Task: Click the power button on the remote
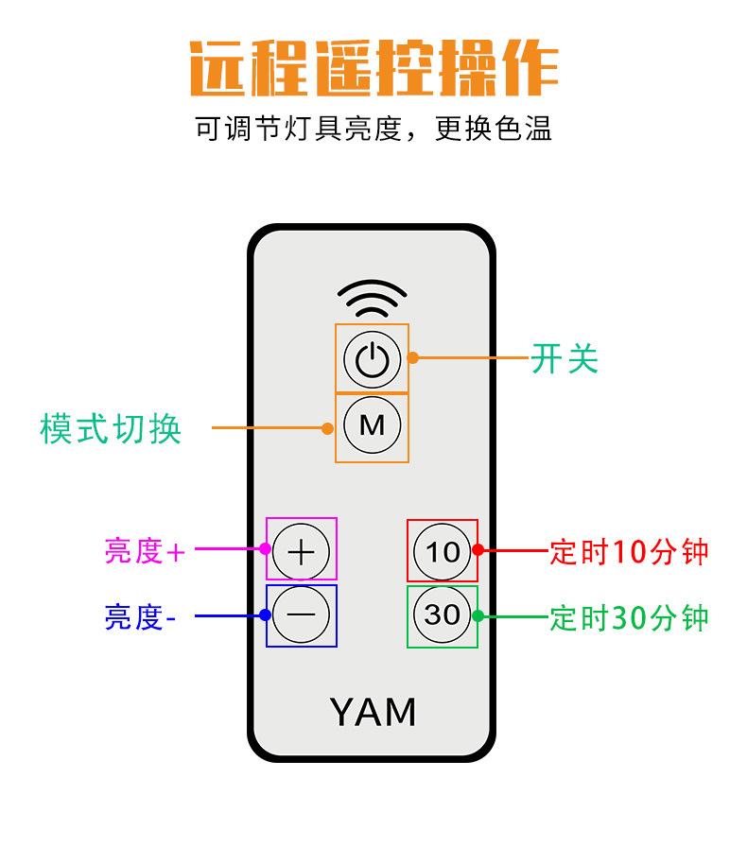pos(373,359)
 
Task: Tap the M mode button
pos(373,424)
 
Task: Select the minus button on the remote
pos(302,614)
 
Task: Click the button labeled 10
pos(443,552)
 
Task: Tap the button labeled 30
pos(443,614)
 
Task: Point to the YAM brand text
pos(373,712)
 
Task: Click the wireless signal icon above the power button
pos(373,298)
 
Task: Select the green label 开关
pos(565,358)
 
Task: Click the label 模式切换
pos(111,428)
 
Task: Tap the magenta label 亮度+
pos(145,551)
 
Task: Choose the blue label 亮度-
pos(140,617)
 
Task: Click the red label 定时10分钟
pos(629,552)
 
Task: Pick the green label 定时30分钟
pos(629,617)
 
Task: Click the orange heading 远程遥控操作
pos(373,68)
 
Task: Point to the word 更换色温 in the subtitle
pos(494,129)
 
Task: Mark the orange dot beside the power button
pos(412,357)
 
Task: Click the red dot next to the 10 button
pos(478,549)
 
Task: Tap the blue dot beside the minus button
pos(265,614)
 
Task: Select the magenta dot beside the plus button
pos(265,548)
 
